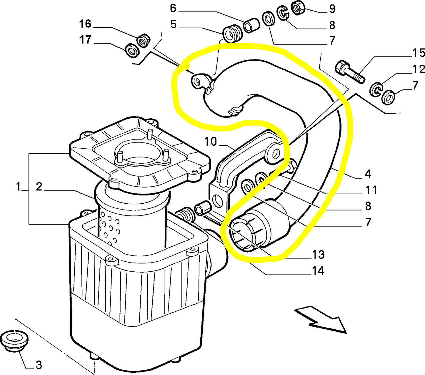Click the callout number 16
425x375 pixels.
(x=85, y=24)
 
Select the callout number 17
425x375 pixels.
(x=85, y=40)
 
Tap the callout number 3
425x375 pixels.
(x=39, y=365)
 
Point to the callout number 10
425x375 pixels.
(x=211, y=142)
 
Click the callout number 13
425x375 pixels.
(x=318, y=255)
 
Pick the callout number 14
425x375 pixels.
(x=318, y=271)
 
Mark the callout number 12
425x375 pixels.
(x=419, y=69)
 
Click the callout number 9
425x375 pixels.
(x=332, y=9)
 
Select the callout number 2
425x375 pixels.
(x=39, y=187)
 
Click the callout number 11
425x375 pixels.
(x=371, y=190)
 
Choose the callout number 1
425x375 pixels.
(x=18, y=187)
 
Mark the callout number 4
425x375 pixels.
(x=368, y=174)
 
